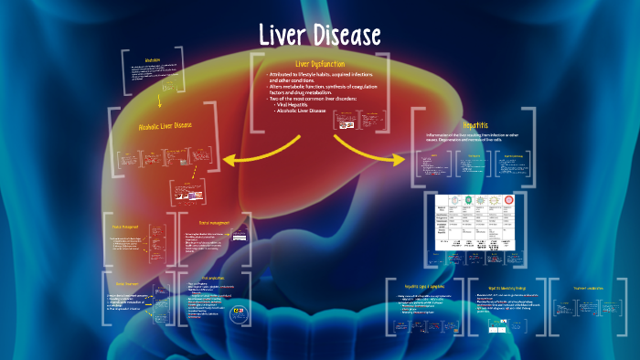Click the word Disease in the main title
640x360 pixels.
pyautogui.click(x=346, y=36)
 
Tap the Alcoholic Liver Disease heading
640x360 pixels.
pyautogui.click(x=165, y=124)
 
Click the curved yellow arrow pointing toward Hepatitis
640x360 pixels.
pyautogui.click(x=366, y=151)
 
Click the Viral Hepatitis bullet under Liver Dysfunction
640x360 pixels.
pyautogui.click(x=300, y=104)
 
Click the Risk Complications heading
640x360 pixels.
pyautogui.click(x=211, y=276)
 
